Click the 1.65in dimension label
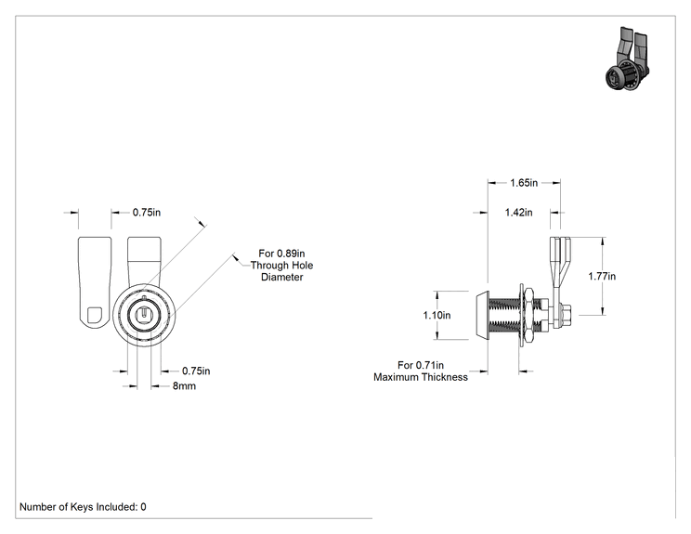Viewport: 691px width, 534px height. (x=524, y=183)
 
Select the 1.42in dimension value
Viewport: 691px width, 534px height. (x=518, y=213)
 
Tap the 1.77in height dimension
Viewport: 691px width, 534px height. (x=602, y=276)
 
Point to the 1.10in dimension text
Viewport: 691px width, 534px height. (x=437, y=315)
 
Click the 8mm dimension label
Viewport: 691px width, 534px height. (x=184, y=386)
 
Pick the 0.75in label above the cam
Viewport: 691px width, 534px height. (x=147, y=213)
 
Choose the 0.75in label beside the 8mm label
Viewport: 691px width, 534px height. (x=196, y=371)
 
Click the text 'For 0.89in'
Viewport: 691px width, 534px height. (x=281, y=254)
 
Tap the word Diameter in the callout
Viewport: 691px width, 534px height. (x=282, y=277)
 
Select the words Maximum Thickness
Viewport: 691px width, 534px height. (x=421, y=377)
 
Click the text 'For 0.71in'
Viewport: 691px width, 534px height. (x=421, y=365)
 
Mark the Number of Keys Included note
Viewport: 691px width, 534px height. (x=83, y=507)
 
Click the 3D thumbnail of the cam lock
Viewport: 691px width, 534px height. (x=628, y=59)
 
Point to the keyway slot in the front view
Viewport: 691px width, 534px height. (x=144, y=313)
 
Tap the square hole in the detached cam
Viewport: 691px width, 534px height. (x=95, y=315)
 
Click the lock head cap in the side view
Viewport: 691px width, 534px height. (x=482, y=315)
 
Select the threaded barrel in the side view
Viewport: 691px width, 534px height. (x=504, y=315)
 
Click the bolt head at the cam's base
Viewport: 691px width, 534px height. (x=565, y=315)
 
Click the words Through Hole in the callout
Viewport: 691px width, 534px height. (x=282, y=266)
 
